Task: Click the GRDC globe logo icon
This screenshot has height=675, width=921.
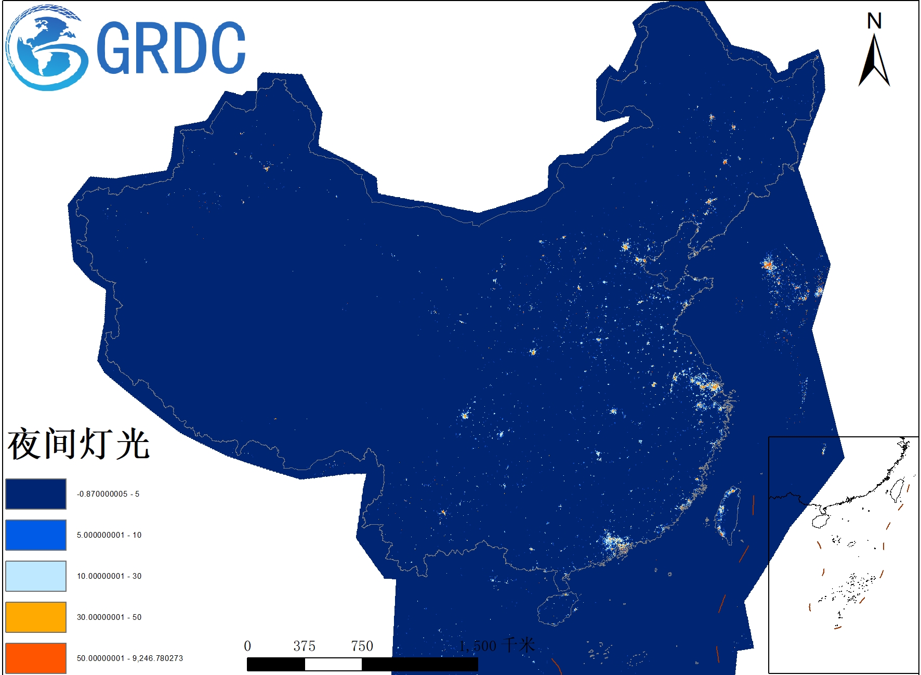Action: pyautogui.click(x=46, y=48)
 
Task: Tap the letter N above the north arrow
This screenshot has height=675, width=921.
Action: pyautogui.click(x=874, y=21)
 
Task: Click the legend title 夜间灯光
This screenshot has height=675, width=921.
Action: pyautogui.click(x=78, y=445)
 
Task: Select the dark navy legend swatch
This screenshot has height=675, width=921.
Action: pyautogui.click(x=36, y=494)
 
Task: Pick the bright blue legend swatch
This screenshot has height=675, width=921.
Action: pyautogui.click(x=36, y=535)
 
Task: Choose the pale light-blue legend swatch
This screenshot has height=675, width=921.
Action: pyautogui.click(x=36, y=576)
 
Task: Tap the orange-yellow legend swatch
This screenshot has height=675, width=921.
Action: pyautogui.click(x=36, y=617)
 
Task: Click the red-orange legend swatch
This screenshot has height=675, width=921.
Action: pyautogui.click(x=36, y=658)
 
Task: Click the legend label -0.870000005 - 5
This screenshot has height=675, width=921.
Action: pyautogui.click(x=108, y=494)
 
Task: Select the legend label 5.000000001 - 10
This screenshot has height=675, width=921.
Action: pyautogui.click(x=109, y=535)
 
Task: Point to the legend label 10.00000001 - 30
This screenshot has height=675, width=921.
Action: pyautogui.click(x=109, y=576)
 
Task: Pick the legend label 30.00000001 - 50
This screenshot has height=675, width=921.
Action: pyautogui.click(x=109, y=617)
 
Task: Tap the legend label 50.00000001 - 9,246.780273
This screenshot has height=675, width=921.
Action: pyautogui.click(x=130, y=658)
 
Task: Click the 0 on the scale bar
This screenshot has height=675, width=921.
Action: pyautogui.click(x=247, y=646)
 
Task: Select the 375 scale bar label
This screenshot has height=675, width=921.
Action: pyautogui.click(x=304, y=646)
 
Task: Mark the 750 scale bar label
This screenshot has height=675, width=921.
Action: pyautogui.click(x=362, y=646)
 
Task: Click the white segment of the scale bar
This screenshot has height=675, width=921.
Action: pyautogui.click(x=333, y=664)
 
